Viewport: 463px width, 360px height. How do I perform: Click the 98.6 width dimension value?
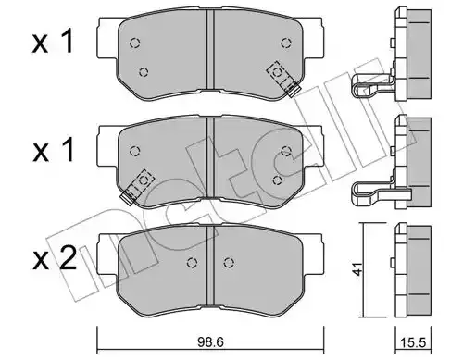[210, 342]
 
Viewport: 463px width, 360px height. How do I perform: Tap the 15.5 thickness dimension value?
[413, 343]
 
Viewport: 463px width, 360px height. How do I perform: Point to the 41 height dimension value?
[358, 269]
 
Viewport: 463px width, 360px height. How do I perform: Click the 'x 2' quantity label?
[55, 258]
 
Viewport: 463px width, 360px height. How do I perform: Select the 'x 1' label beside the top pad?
[53, 42]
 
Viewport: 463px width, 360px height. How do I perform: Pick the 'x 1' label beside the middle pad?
[53, 150]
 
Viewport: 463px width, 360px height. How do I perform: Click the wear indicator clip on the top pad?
[283, 79]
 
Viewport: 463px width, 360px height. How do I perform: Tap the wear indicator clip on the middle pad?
[137, 186]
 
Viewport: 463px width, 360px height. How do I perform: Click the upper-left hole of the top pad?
[134, 43]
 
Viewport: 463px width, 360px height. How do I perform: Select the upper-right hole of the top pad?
[286, 43]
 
